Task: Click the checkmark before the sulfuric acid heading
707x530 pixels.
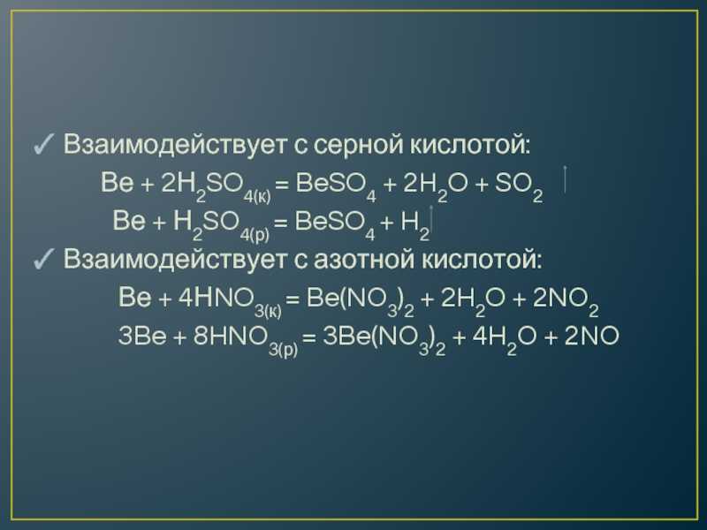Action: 43,144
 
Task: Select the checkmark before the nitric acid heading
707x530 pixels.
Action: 43,259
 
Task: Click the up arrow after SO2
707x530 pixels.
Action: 565,179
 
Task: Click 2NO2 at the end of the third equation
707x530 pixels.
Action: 566,301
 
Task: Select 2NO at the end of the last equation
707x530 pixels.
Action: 591,337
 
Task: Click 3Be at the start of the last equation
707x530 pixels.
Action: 142,337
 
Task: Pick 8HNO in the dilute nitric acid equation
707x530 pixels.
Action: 229,337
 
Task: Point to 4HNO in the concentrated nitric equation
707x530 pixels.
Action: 215,298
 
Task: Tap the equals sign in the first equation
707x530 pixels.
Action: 282,184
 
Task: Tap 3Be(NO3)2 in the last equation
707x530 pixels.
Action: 384,339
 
